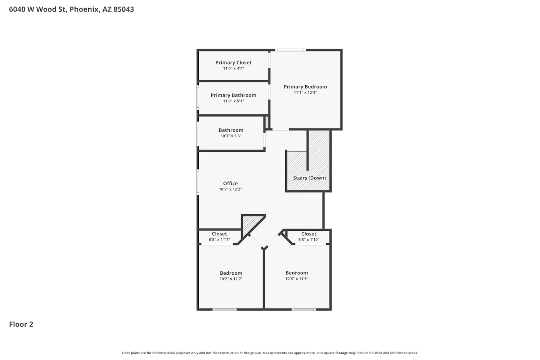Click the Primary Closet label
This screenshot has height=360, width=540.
pyautogui.click(x=233, y=62)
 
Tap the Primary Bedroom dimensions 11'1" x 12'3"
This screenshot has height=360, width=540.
pyautogui.click(x=305, y=93)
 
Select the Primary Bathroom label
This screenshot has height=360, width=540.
pyautogui.click(x=233, y=95)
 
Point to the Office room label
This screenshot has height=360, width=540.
pyautogui.click(x=230, y=183)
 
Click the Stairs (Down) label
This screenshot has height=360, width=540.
pyautogui.click(x=310, y=178)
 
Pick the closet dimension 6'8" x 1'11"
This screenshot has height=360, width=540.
pyautogui.click(x=219, y=240)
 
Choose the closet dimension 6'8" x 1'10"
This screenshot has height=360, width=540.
pyautogui.click(x=309, y=240)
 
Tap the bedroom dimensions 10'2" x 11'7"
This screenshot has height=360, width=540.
pyautogui.click(x=231, y=279)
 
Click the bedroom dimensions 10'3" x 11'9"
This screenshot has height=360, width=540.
pyautogui.click(x=297, y=279)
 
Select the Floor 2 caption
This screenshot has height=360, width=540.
pyautogui.click(x=21, y=324)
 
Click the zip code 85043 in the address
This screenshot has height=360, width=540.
pyautogui.click(x=124, y=9)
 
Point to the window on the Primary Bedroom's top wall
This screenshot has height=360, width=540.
pyautogui.click(x=290, y=50)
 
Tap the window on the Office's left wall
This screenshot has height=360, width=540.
pyautogui.click(x=198, y=182)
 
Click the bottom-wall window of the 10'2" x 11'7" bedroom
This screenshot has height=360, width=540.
pyautogui.click(x=224, y=309)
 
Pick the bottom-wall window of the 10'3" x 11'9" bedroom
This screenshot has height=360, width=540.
pyautogui.click(x=303, y=309)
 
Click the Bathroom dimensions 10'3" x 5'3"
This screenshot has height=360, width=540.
pyautogui.click(x=231, y=136)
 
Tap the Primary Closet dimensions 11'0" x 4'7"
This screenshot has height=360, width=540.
pyautogui.click(x=233, y=68)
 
